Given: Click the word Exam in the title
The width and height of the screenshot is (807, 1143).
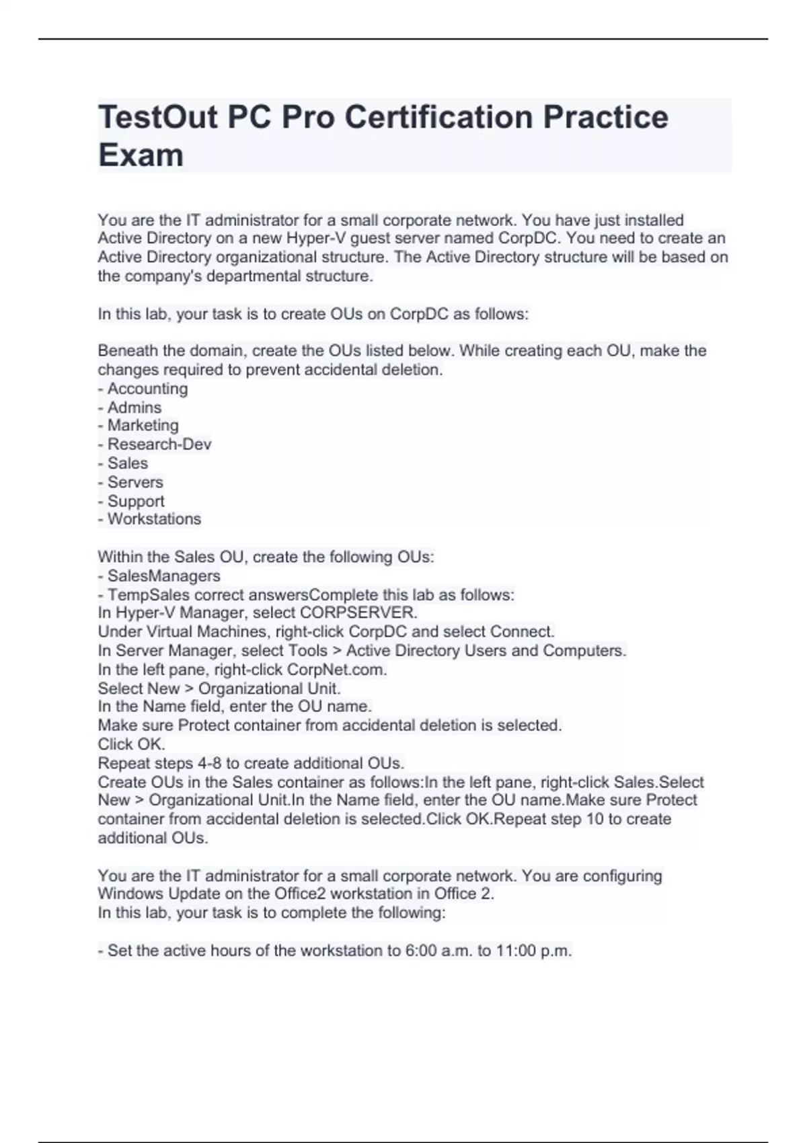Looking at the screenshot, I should click(x=141, y=155).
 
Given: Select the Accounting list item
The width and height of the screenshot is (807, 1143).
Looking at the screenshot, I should click(x=147, y=389).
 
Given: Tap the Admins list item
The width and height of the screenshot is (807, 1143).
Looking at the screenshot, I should click(x=134, y=407).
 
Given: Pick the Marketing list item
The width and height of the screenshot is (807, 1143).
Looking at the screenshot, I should click(x=143, y=426).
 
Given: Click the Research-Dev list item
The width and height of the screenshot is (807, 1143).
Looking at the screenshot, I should click(x=159, y=444).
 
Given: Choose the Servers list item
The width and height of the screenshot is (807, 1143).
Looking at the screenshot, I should click(x=135, y=482).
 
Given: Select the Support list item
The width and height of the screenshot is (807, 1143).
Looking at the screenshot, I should click(x=136, y=501).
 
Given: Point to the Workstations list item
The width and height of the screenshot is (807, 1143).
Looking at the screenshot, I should click(x=154, y=519).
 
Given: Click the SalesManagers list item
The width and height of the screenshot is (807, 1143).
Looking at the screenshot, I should click(x=163, y=576).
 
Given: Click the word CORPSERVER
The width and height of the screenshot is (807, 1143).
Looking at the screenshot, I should click(x=358, y=613).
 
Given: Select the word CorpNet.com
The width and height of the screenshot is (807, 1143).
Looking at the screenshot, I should click(x=337, y=670).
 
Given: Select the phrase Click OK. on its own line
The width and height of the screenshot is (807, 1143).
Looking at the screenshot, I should click(x=131, y=744).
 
